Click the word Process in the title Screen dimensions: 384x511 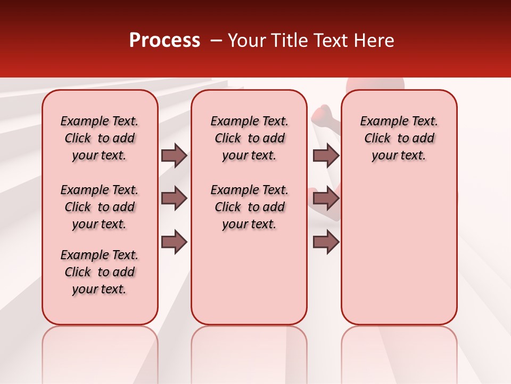[x=164, y=41]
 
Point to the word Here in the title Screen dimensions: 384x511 [x=375, y=41]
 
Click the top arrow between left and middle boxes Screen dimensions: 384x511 [x=174, y=156]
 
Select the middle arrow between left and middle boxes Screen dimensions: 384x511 [x=174, y=199]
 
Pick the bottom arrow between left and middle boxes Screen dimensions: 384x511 [x=174, y=242]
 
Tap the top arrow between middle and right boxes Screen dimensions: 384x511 [x=326, y=156]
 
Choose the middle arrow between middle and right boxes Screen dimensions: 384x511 [x=326, y=199]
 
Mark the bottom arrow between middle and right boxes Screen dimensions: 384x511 [x=326, y=242]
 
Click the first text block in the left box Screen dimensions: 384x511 [x=100, y=138]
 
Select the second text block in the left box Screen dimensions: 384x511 [x=100, y=207]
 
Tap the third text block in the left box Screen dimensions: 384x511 [x=100, y=272]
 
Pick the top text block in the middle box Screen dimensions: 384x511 [x=249, y=138]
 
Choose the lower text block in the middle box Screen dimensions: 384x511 [x=249, y=207]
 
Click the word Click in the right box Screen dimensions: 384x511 [x=377, y=139]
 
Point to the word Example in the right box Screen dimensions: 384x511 [x=382, y=122]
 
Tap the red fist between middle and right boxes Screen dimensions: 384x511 [x=322, y=114]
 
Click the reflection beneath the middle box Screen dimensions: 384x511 [x=249, y=352]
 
